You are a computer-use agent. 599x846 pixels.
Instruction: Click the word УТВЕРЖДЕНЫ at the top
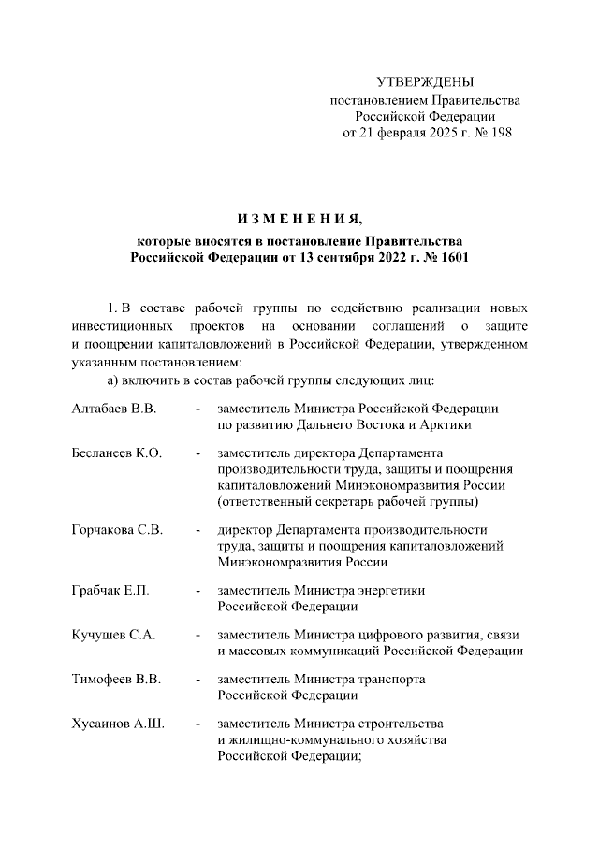pyautogui.click(x=425, y=83)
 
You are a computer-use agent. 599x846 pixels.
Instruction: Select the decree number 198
pyautogui.click(x=501, y=133)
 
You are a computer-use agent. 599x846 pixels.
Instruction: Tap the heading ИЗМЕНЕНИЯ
pyautogui.click(x=299, y=220)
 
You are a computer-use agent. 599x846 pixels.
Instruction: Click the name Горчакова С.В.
pyautogui.click(x=117, y=530)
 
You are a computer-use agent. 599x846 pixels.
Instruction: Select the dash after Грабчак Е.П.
pyautogui.click(x=197, y=591)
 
